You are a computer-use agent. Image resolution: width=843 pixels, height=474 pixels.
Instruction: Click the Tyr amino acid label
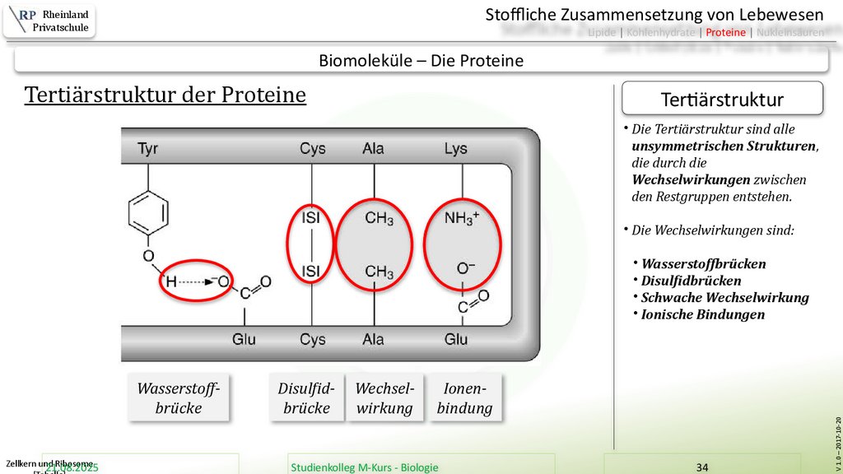click(148, 149)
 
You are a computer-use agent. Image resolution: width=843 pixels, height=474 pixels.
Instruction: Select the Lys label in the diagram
click(455, 149)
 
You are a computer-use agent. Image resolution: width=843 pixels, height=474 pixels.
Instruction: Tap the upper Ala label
click(373, 149)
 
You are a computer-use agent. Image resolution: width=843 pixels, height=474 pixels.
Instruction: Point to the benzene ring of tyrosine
click(148, 212)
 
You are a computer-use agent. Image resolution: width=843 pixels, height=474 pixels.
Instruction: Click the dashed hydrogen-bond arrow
click(193, 282)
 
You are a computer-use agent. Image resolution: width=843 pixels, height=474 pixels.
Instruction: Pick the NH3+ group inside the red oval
click(461, 220)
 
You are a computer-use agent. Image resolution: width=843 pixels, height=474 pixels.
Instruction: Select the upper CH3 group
click(379, 220)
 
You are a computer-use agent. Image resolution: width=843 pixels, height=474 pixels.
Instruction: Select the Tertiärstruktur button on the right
click(722, 100)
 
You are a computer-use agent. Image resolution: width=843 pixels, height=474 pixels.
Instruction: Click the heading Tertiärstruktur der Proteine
click(165, 95)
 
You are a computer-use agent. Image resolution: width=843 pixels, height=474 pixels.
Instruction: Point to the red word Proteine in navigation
click(725, 33)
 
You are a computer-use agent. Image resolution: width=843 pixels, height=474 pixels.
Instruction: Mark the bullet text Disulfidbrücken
click(691, 281)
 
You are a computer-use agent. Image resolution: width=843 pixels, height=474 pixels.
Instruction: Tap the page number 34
click(702, 467)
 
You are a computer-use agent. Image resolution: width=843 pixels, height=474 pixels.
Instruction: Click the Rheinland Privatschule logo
click(49, 21)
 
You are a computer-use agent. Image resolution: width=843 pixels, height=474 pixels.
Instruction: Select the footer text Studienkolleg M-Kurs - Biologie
click(365, 467)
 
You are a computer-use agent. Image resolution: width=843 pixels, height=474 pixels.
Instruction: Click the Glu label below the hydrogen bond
click(244, 339)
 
